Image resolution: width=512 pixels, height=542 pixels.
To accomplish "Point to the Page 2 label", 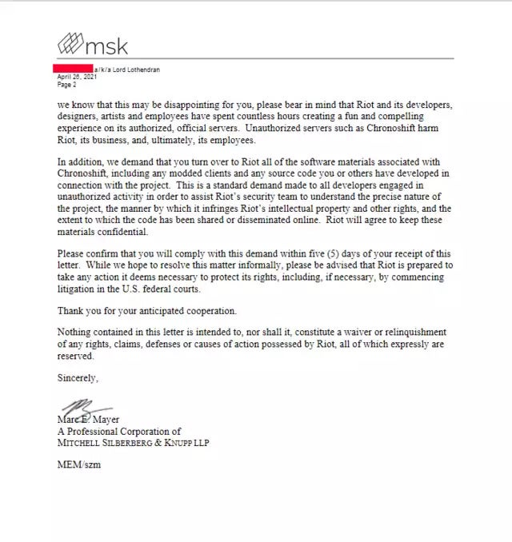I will click(x=66, y=83).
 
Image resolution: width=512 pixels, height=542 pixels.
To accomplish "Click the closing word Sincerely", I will click(x=77, y=377).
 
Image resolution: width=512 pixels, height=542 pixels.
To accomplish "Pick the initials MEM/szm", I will click(x=78, y=464).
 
